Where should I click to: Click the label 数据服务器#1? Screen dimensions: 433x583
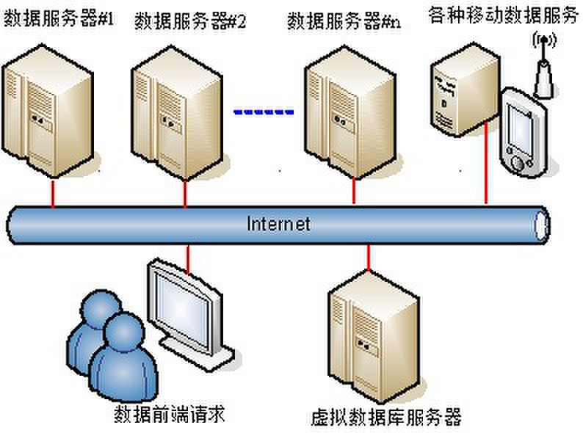tap(59, 20)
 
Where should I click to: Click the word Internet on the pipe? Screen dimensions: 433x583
tap(278, 223)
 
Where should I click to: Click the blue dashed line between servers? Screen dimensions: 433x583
tap(264, 112)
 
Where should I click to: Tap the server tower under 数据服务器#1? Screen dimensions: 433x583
tap(49, 117)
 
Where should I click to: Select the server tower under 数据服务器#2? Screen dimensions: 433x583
tap(180, 121)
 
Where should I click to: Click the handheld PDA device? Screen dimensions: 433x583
tap(523, 132)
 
